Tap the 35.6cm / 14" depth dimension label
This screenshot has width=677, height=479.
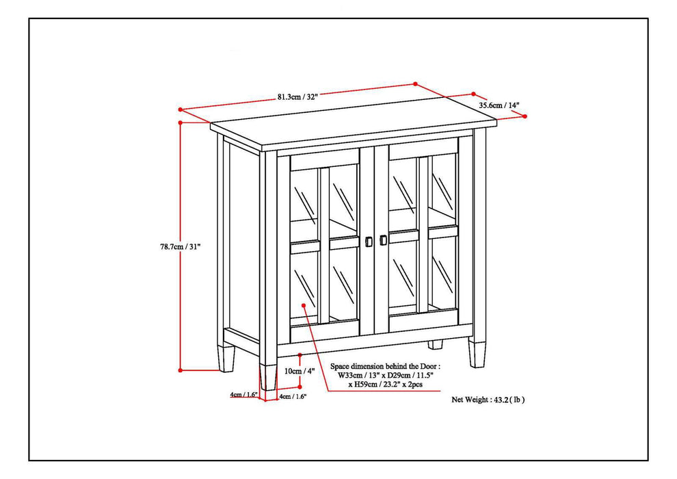[499, 105]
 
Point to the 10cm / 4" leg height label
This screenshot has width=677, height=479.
[299, 371]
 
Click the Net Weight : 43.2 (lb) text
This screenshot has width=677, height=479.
[488, 399]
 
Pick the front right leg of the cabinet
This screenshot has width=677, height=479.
[476, 354]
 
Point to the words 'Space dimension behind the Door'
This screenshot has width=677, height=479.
[382, 367]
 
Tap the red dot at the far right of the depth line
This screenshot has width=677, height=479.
[525, 116]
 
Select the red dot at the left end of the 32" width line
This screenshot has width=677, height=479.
[180, 109]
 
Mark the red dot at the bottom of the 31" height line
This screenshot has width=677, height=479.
[180, 370]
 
